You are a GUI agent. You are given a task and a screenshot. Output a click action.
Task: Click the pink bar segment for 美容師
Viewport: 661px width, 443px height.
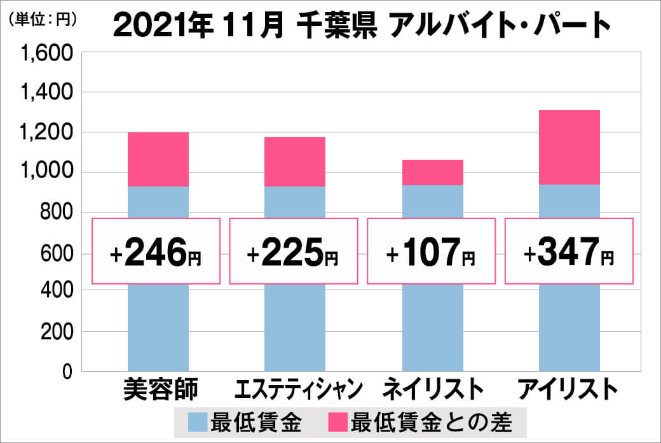158,159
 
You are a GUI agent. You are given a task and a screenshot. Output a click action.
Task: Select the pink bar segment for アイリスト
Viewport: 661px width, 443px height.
569,147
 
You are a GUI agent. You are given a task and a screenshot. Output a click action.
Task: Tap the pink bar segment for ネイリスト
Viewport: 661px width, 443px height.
432,172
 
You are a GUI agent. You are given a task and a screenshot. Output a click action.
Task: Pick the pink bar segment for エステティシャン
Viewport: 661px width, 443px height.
295,162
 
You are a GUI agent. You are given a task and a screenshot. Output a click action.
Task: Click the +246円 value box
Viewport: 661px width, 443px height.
156,251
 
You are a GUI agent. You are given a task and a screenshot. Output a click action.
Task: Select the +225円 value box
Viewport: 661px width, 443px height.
294,251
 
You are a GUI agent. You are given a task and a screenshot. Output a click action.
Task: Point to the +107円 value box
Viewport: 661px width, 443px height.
432,251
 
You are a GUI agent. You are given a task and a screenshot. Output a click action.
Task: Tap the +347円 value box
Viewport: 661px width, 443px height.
569,251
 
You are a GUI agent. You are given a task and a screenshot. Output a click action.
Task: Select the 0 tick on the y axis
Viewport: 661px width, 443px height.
67,372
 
